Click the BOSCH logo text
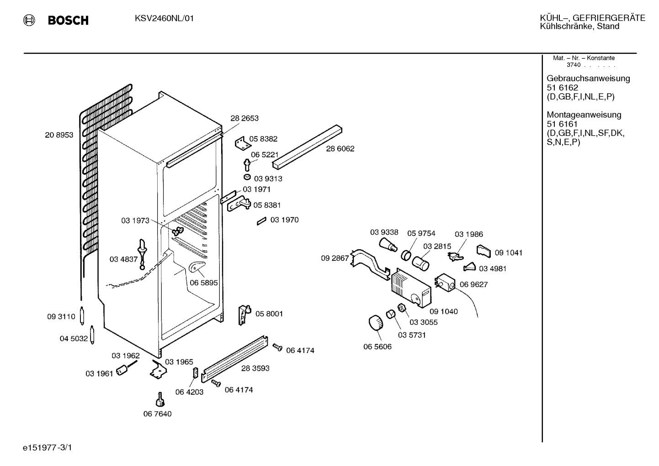coord(68,20)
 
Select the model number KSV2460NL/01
coord(164,19)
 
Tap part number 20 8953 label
coord(59,135)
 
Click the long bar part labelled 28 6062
coord(307,147)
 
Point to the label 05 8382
coord(263,139)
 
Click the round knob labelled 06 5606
coord(376,323)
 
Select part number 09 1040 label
coord(444,311)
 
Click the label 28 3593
coord(255,368)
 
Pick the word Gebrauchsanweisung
coord(589,78)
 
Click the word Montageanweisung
coord(584,114)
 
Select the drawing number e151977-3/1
coord(48,448)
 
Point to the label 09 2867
coord(335,258)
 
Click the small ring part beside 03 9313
coord(247,177)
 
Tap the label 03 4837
coord(123,259)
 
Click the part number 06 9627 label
coord(473,284)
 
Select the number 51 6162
coord(563,87)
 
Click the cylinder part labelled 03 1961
coord(122,370)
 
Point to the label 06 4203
coord(190,392)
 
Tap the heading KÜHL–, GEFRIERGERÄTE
coord(593,18)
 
